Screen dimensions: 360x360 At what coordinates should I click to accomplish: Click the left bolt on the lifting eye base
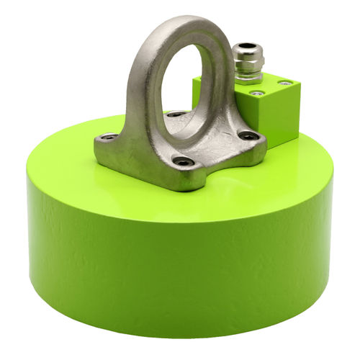point(109,137)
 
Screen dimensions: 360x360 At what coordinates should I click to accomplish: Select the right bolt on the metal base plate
point(248,135)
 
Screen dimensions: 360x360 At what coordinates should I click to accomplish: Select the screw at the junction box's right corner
point(285,84)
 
